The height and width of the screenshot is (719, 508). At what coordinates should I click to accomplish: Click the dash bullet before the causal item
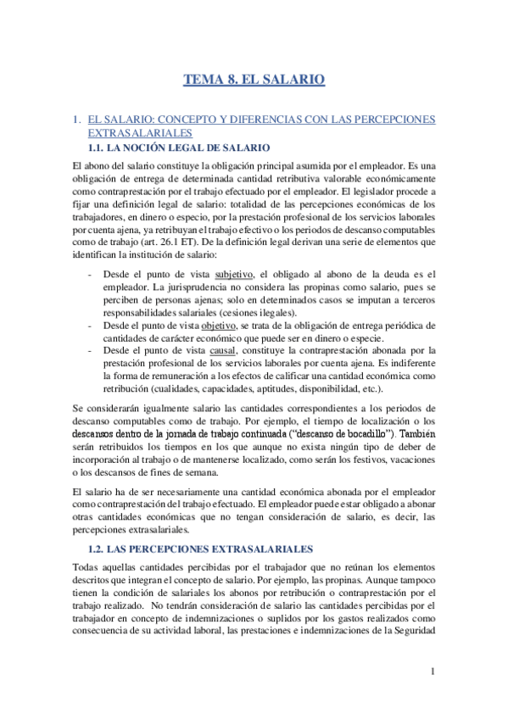pyautogui.click(x=91, y=351)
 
